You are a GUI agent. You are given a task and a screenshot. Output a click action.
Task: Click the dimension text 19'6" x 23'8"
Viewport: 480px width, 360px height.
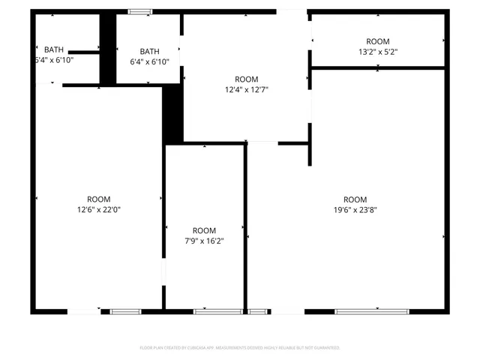pyautogui.click(x=355, y=211)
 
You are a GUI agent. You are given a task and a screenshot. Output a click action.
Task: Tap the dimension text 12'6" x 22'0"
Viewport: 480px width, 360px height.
pyautogui.click(x=98, y=210)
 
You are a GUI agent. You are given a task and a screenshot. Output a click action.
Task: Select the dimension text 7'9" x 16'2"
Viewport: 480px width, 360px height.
pyautogui.click(x=204, y=241)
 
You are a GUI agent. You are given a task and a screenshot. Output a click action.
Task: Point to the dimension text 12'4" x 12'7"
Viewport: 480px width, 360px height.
pyautogui.click(x=247, y=90)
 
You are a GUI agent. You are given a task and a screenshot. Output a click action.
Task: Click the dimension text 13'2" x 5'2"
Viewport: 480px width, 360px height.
pyautogui.click(x=378, y=52)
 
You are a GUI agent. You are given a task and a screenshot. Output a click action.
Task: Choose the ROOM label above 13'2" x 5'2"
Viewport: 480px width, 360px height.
pyautogui.click(x=378, y=41)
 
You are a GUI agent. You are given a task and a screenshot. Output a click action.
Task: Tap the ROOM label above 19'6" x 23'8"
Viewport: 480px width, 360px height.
pyautogui.click(x=355, y=199)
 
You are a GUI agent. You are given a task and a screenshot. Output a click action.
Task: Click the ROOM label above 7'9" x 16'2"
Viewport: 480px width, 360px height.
pyautogui.click(x=204, y=230)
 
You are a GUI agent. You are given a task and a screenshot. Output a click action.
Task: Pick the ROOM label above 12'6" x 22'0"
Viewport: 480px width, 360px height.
pyautogui.click(x=98, y=199)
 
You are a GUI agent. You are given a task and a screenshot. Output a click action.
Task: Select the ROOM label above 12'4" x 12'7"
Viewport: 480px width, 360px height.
pyautogui.click(x=247, y=79)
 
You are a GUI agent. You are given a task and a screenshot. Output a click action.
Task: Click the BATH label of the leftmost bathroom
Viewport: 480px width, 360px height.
pyautogui.click(x=54, y=49)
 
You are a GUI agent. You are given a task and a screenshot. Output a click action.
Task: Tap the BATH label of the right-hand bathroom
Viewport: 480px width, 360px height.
pyautogui.click(x=150, y=51)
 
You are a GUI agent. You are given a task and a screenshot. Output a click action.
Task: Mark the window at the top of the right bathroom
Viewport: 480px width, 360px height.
pyautogui.click(x=139, y=11)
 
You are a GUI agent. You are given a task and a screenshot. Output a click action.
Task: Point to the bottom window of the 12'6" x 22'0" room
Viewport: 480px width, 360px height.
pyautogui.click(x=125, y=311)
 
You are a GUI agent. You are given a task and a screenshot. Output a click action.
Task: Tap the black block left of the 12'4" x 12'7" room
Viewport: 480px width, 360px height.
pyautogui.click(x=173, y=112)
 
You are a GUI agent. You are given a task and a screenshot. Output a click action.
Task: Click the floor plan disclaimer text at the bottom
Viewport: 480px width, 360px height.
pyautogui.click(x=240, y=348)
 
